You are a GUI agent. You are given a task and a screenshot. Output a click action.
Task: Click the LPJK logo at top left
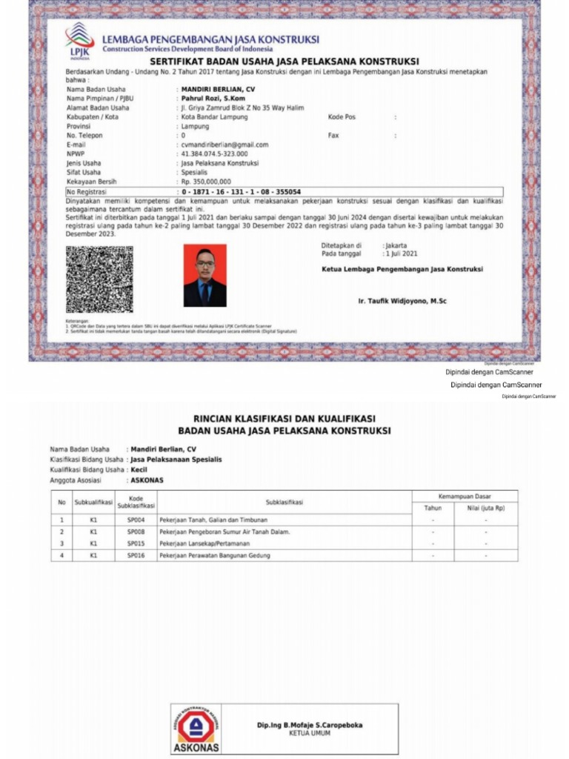point(79,40)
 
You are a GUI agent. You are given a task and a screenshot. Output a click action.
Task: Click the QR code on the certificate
point(99,279)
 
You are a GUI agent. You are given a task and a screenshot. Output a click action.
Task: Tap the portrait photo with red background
point(205,276)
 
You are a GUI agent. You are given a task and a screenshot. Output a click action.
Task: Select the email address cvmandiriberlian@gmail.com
point(225,145)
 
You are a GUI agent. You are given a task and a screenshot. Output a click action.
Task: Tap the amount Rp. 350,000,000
point(206,181)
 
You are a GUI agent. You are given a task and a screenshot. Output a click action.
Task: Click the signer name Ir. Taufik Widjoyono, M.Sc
point(402,301)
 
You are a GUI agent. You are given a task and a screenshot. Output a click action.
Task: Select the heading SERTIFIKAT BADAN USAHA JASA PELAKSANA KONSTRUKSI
point(285,61)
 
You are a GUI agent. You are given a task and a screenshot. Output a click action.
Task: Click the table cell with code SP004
point(136,520)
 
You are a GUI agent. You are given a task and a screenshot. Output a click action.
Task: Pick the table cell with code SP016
point(136,555)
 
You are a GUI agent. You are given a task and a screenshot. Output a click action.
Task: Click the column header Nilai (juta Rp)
point(486,508)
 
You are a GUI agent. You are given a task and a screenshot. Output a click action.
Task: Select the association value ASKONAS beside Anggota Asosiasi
point(147,480)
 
